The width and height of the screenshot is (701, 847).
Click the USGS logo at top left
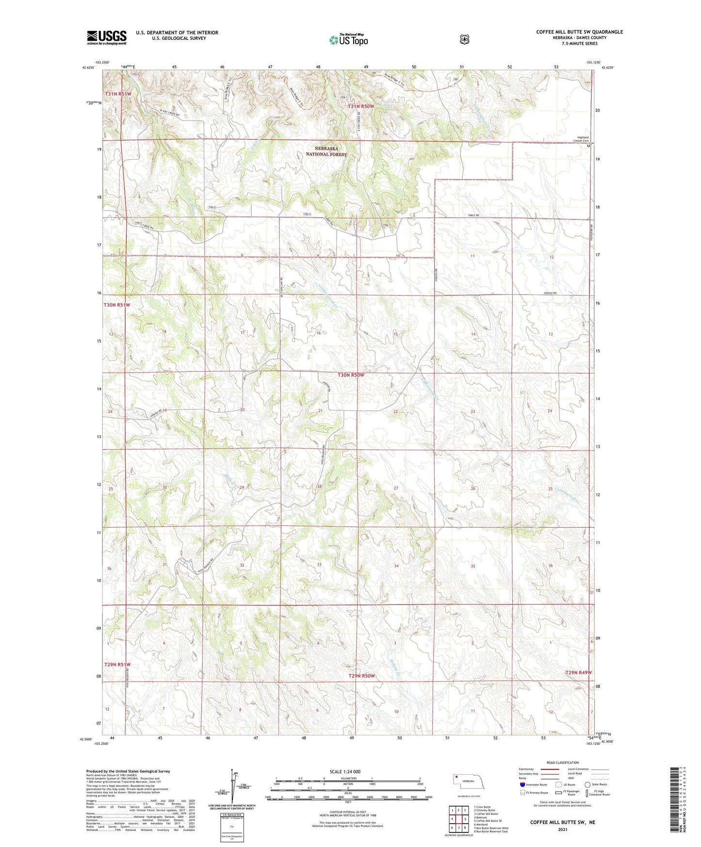pyautogui.click(x=107, y=37)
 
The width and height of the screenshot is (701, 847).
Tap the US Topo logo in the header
pyautogui.click(x=348, y=40)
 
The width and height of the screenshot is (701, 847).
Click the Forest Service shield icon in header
pyautogui.click(x=464, y=39)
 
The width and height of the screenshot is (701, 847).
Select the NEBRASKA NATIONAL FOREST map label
pyautogui.click(x=326, y=151)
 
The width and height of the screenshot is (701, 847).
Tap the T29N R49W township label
pyautogui.click(x=578, y=673)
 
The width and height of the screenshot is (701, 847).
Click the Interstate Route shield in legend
pyautogui.click(x=522, y=784)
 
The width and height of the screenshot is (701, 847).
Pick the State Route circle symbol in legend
pyautogui.click(x=587, y=784)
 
